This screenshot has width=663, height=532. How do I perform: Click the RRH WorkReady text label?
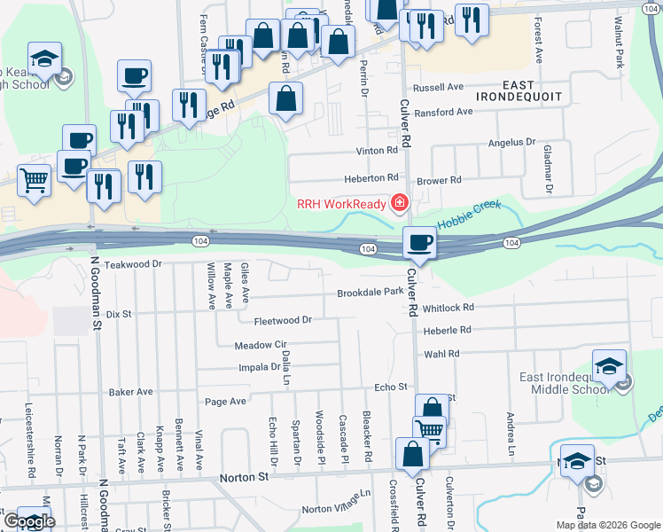[341, 204]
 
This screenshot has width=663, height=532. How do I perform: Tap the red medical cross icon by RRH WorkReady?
[399, 204]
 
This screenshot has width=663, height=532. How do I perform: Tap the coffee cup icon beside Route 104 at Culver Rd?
[419, 242]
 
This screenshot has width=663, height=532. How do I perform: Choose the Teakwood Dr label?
[133, 264]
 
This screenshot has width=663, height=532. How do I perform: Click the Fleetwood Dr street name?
[284, 320]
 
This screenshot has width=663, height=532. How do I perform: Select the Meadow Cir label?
[261, 345]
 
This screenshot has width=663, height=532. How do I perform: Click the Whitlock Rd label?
[448, 308]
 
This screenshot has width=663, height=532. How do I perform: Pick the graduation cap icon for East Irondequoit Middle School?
[610, 365]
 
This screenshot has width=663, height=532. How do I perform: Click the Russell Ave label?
[444, 88]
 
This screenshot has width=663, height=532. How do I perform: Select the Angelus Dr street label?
[512, 142]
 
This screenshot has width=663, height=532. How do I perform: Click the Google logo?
[29, 521]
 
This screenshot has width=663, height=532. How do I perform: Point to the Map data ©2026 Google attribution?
[607, 525]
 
